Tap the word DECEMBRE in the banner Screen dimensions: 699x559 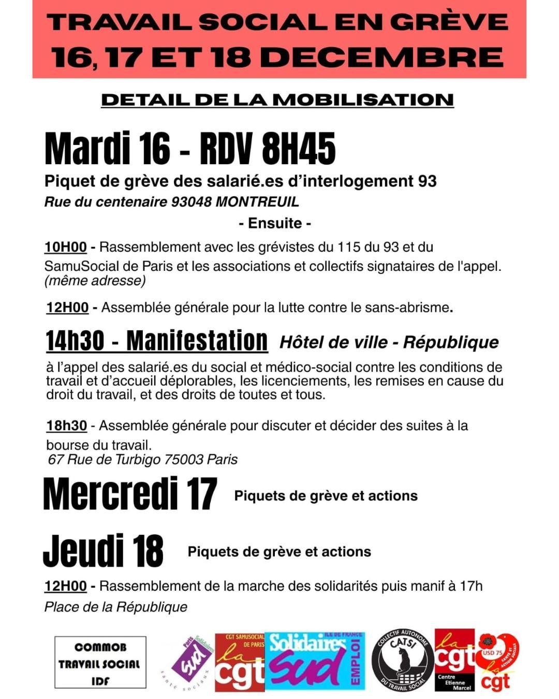pos(385,57)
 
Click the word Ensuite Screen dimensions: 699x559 pos(275,223)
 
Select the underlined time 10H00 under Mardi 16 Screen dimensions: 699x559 pos(65,247)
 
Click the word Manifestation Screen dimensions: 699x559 pos(197,341)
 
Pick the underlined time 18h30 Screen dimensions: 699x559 pos(67,426)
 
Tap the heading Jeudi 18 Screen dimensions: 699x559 pos(103,551)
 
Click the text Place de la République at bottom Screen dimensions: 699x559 pos(116,607)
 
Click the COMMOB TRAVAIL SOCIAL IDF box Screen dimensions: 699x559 pos(100,663)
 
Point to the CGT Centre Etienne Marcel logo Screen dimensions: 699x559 pos(454,660)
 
